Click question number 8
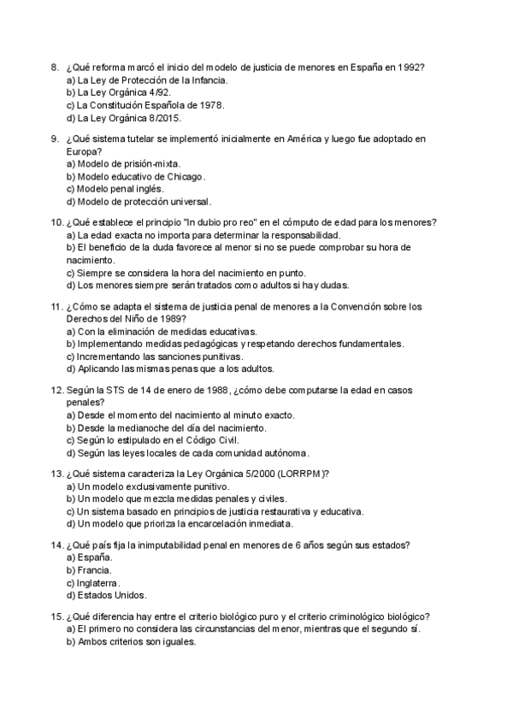(55, 67)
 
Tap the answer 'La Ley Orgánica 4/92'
(124, 92)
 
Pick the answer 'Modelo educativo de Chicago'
(136, 175)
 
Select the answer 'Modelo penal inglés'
(115, 188)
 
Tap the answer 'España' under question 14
(89, 557)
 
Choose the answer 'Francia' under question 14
(89, 569)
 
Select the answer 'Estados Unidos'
(106, 594)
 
